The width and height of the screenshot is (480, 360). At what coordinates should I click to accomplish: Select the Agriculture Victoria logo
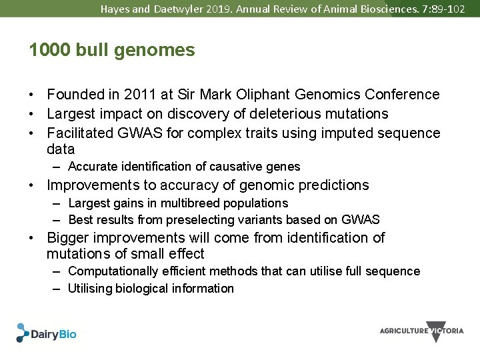tap(421, 331)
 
